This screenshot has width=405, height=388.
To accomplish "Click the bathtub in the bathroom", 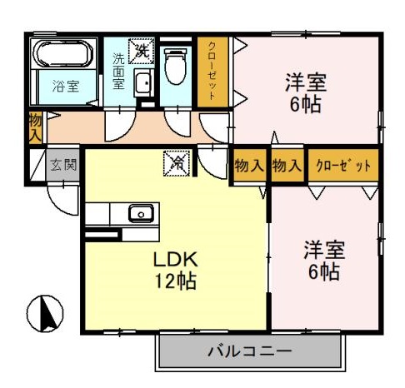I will tap(62, 53).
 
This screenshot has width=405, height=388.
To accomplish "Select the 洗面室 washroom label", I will tap(118, 72).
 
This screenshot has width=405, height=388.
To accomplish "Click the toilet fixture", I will tap(176, 67).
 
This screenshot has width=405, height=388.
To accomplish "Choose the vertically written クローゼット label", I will tap(213, 72).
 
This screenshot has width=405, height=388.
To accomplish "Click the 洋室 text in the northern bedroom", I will tap(305, 83).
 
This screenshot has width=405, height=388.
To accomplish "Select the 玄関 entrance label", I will tap(62, 165).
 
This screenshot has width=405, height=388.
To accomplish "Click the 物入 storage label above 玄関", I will tap(35, 127).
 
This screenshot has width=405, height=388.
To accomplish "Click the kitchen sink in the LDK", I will tap(139, 213).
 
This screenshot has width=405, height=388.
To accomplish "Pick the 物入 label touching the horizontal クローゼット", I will tap(287, 165).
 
